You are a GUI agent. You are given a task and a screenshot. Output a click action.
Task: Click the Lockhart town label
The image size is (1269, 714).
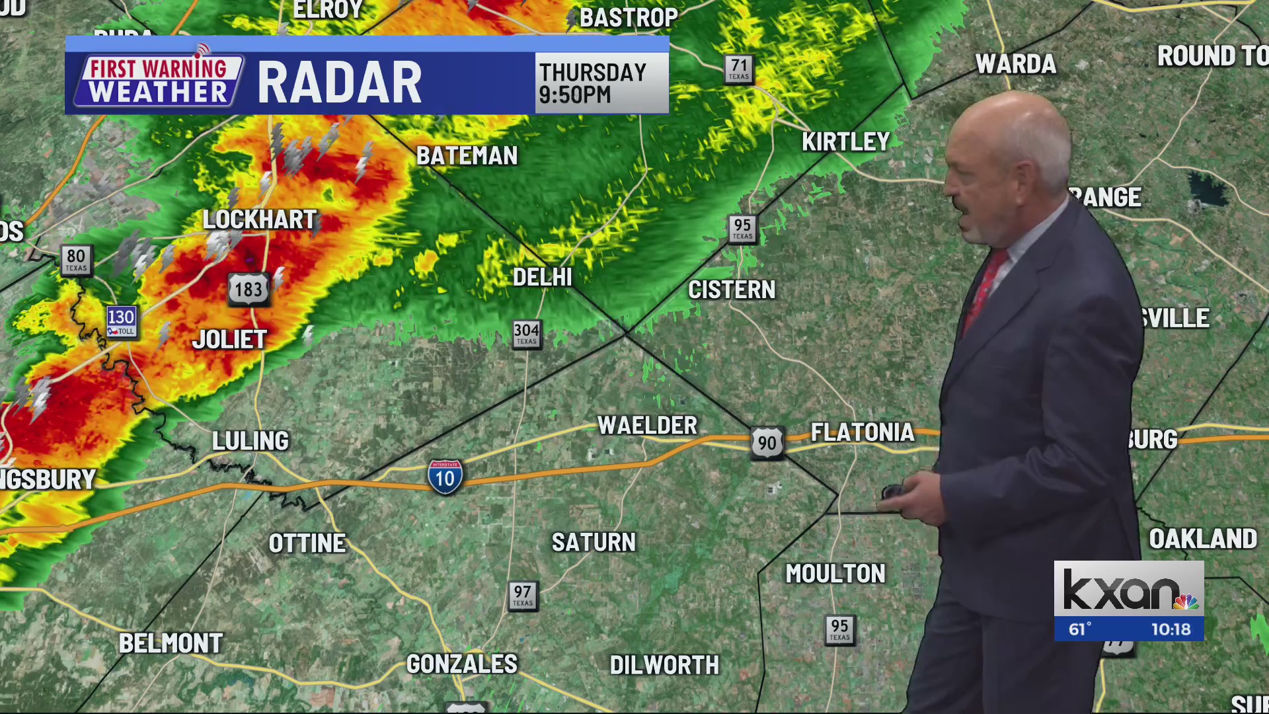tap(260, 219)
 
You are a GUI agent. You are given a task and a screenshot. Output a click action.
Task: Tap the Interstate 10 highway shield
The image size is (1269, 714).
tap(445, 477)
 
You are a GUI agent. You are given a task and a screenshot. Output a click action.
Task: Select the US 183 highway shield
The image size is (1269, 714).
tap(249, 289)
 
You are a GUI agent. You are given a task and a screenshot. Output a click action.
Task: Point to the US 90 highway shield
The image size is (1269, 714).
tap(767, 442)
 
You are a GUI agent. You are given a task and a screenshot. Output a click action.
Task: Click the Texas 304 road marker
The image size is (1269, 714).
tap(527, 333)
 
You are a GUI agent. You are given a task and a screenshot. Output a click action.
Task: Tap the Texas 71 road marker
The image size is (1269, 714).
tap(739, 68)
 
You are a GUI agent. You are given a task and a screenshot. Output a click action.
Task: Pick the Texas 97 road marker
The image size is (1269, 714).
tap(523, 595)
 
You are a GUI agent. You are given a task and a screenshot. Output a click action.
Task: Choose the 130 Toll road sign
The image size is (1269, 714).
tap(122, 321)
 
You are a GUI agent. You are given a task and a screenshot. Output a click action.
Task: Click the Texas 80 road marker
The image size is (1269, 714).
tap(76, 258)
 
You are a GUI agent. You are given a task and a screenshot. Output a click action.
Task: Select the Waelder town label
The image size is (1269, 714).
tap(647, 425)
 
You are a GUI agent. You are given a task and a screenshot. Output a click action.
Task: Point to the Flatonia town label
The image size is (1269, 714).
tap(863, 432)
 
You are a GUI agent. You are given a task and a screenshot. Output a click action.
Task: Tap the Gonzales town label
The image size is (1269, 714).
tap(461, 664)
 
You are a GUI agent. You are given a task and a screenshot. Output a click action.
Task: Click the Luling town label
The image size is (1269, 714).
tap(250, 441)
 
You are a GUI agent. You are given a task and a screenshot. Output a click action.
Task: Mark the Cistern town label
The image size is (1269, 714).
tap(732, 290)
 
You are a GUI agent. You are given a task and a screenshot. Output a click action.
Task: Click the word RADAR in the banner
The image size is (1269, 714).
tap(339, 83)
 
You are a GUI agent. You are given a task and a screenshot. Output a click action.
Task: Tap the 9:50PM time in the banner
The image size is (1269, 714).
tap(575, 95)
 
